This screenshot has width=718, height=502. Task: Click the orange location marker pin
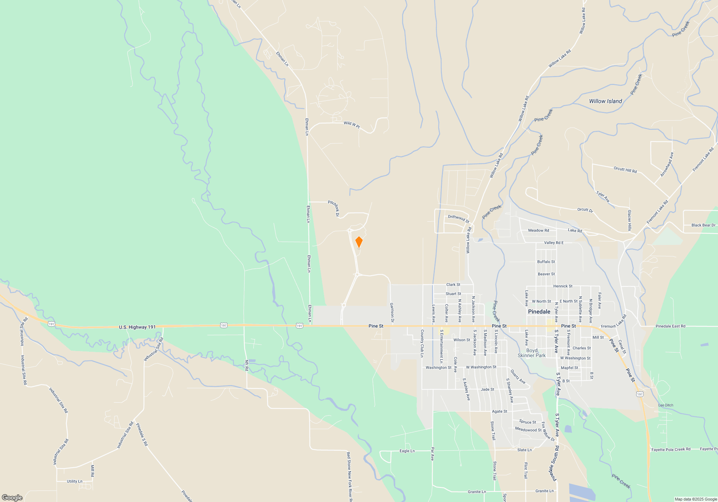(x=359, y=242)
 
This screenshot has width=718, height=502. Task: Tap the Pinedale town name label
(x=539, y=312)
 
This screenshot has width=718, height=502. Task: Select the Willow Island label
(x=605, y=101)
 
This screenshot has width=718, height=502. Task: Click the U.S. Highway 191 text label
(x=137, y=327)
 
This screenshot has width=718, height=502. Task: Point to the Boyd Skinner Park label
(x=532, y=353)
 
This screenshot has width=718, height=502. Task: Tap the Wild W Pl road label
(x=351, y=124)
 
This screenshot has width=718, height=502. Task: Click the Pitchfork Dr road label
(x=334, y=208)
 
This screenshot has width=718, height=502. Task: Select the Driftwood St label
(x=458, y=218)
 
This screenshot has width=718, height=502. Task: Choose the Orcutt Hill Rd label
(x=625, y=169)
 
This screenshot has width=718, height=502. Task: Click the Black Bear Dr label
(x=703, y=225)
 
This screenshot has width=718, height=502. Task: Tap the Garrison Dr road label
(x=392, y=312)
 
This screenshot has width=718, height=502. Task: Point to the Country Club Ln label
(x=422, y=343)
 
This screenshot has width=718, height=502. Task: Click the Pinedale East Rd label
(x=670, y=326)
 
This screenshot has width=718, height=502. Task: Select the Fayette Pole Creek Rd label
(x=671, y=449)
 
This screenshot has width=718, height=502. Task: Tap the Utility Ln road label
(x=74, y=481)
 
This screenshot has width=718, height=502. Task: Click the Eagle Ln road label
(x=407, y=451)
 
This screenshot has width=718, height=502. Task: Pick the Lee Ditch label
(x=666, y=405)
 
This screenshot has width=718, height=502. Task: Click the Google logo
(x=12, y=497)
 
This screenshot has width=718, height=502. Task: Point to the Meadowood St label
(x=528, y=429)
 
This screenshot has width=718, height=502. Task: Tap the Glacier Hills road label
(x=629, y=220)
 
